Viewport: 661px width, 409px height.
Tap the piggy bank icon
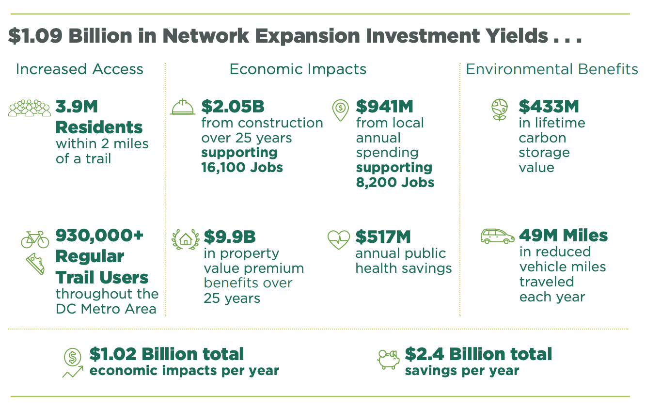tap(388, 359)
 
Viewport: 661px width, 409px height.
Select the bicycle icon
tap(35, 239)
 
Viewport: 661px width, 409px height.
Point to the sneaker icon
tap(35, 264)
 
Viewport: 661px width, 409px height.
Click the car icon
tap(498, 236)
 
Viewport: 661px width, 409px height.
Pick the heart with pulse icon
tap(338, 239)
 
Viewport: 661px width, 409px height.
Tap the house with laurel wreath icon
tap(186, 239)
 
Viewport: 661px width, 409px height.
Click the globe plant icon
tap(500, 110)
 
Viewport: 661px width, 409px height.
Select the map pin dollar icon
tap(341, 110)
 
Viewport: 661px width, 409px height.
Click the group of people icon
tap(29, 108)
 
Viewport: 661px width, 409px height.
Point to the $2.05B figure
tap(233, 107)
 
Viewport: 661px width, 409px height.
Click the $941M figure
tap(384, 107)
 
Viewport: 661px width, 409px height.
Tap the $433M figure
tap(549, 107)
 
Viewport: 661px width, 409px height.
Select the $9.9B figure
tap(230, 236)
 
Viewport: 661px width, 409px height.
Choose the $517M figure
tap(383, 236)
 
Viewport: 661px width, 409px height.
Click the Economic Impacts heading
tap(298, 69)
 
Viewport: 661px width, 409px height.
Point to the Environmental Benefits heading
tap(552, 69)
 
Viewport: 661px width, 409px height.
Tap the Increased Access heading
tap(79, 69)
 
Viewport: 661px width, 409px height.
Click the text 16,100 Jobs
tap(242, 167)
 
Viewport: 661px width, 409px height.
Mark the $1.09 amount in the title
tap(35, 36)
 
